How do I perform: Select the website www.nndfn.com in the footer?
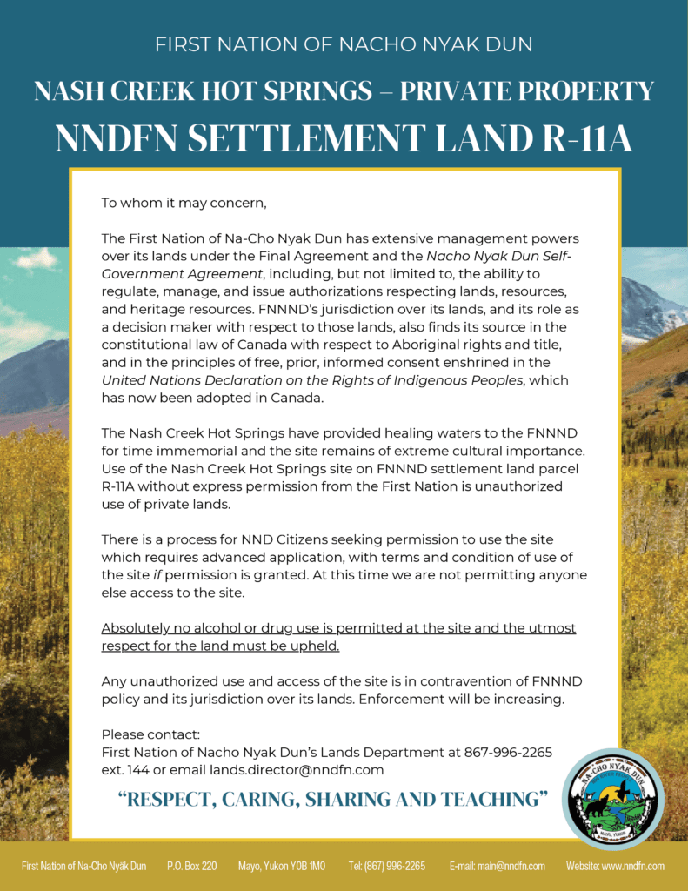[x=615, y=866]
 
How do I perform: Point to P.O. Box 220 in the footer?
[x=191, y=866]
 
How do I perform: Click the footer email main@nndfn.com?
[x=497, y=866]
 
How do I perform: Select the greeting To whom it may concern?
[x=184, y=204]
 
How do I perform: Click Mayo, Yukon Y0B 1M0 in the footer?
[x=282, y=866]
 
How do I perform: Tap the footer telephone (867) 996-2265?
[x=386, y=866]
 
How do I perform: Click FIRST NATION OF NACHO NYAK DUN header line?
[x=344, y=44]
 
